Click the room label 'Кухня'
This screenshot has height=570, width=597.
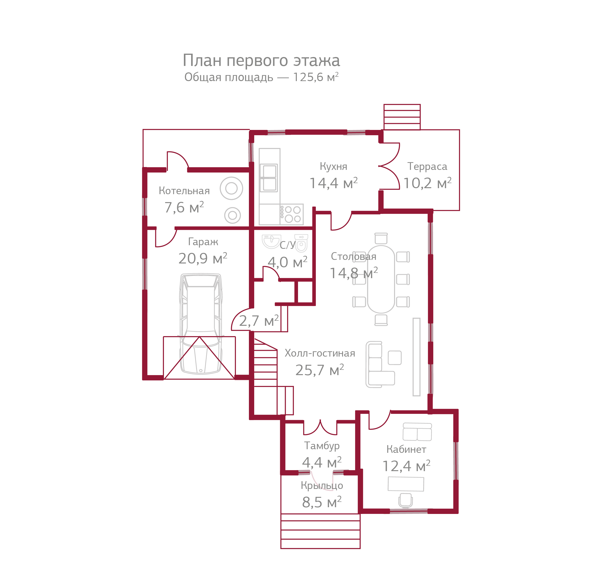[x=333, y=167]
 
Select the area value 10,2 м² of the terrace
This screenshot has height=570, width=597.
[x=427, y=183]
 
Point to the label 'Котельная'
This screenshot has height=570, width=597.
[x=184, y=191]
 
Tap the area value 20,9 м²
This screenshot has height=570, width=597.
[x=202, y=259]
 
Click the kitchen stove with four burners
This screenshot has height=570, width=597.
[x=292, y=214]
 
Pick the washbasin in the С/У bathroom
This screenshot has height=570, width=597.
[x=271, y=241]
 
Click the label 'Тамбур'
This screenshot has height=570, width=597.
[x=322, y=446]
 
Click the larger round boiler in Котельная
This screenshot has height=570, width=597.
[x=231, y=188]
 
